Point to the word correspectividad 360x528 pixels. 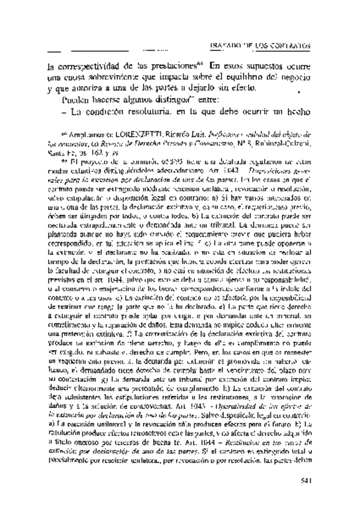click(80, 66)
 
